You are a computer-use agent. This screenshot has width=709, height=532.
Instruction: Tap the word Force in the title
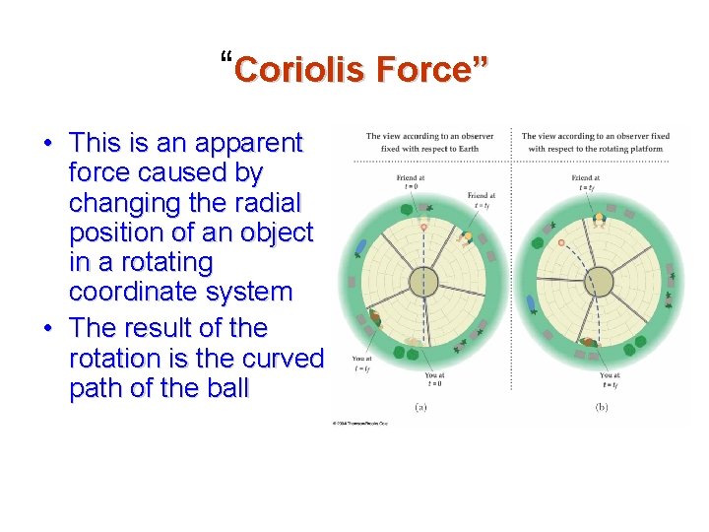[423, 70]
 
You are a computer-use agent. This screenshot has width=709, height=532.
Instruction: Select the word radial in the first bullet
[267, 203]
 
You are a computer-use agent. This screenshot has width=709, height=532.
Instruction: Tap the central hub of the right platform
[599, 282]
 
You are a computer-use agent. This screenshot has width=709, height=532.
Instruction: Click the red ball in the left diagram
[423, 228]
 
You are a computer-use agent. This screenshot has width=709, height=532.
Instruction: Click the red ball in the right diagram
[561, 242]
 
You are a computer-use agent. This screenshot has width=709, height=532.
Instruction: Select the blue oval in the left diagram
[362, 247]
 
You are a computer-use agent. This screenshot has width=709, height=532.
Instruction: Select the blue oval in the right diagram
[532, 304]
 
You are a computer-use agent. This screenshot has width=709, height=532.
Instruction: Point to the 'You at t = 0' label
[434, 379]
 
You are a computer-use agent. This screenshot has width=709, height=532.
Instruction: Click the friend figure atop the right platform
[599, 219]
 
